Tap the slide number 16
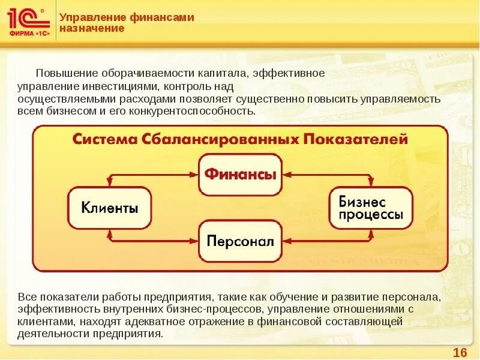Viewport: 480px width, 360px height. pos(460,352)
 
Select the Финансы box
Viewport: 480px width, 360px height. pos(240,174)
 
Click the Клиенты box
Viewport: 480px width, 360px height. pos(110,208)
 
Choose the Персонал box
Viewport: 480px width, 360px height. pos(240,241)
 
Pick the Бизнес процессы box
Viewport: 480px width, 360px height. pos(370,208)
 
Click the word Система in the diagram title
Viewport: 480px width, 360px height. pos(104,139)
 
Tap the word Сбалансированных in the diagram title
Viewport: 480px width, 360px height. pos(221,139)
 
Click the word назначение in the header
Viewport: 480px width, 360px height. pos(92,28)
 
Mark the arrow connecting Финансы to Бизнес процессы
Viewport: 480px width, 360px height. pos(328,175)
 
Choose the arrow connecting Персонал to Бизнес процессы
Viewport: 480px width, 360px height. pos(328,241)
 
